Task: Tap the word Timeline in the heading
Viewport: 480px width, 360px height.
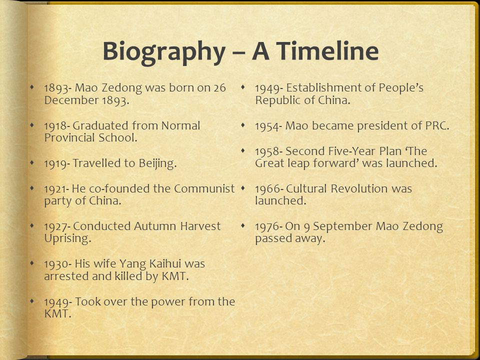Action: click(315, 50)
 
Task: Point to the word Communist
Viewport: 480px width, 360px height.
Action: click(204, 188)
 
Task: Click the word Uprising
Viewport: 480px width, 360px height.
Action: click(67, 239)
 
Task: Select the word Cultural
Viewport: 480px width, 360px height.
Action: click(306, 188)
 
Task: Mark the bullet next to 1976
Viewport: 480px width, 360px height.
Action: click(243, 226)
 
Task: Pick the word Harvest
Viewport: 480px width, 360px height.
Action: click(200, 226)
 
